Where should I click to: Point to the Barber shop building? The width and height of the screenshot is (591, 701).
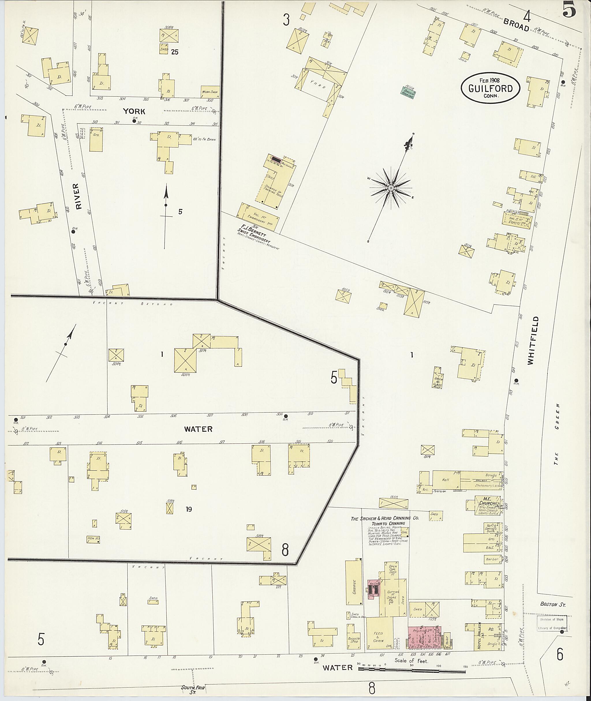pos(493,559)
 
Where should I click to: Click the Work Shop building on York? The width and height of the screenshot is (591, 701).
pos(210,92)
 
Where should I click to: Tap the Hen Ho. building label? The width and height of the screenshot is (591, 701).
pos(93,539)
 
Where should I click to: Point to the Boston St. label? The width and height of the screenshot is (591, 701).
pos(553,604)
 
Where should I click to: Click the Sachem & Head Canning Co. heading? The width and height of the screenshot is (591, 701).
pos(385,518)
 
